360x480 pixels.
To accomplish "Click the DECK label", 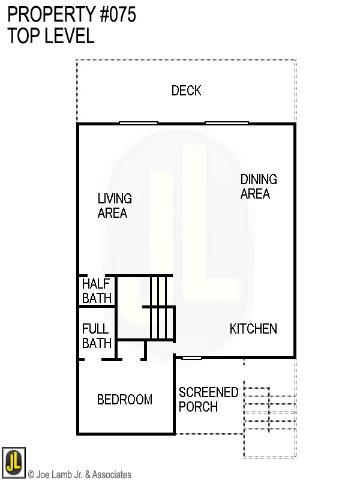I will coord(186,91).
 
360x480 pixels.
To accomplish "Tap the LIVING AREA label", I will coord(115,205).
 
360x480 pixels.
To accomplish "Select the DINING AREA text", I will coord(258,187).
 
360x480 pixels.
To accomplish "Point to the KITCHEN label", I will coord(253,329).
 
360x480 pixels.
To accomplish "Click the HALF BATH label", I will coord(96,291).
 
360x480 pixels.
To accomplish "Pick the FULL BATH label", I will coord(96,336).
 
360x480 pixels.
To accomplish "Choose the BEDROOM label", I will coord(125,400).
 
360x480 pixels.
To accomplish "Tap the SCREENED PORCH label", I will coord(208,400).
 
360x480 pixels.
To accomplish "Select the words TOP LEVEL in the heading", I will coord(51,36).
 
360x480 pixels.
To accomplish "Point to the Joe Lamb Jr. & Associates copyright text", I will coord(80,475).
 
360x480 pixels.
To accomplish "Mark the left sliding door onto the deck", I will coord(138,123).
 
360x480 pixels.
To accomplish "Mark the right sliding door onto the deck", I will coord(226,123).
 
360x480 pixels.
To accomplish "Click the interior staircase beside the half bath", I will coord(159,309).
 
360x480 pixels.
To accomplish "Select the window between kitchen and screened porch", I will coord(191,358).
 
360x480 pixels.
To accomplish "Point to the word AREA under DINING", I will coord(255,194).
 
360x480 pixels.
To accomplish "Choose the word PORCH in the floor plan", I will coord(198,407).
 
